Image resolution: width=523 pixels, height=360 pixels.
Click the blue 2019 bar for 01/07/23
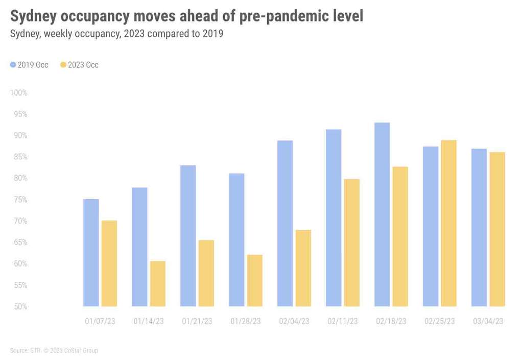coord(91,253)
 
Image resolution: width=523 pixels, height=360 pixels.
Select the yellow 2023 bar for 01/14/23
coord(157,284)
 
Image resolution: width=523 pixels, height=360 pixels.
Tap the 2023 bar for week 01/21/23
coord(206,273)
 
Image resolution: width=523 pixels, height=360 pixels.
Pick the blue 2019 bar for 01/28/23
coord(236,240)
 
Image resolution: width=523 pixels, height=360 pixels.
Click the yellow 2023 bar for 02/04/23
coord(303,268)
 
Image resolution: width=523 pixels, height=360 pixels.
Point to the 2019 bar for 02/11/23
coord(334,218)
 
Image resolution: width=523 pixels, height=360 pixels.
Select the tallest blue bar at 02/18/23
coord(382,214)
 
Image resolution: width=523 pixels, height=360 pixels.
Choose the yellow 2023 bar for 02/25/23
coord(448,223)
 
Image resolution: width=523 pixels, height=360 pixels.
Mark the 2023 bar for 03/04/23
coord(497,229)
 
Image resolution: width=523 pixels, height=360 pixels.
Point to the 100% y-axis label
coord(18,93)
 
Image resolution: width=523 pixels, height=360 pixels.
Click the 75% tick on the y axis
coord(20,200)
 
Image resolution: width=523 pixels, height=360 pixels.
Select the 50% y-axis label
coord(20,306)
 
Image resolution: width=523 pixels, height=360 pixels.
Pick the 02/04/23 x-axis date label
coord(294,321)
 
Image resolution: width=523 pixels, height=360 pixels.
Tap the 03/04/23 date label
coord(488,321)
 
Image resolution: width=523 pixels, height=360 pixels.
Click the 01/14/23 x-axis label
coord(149,321)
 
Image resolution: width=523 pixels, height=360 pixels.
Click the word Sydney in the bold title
coord(34,16)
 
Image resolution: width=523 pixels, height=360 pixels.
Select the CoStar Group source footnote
coord(54,351)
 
